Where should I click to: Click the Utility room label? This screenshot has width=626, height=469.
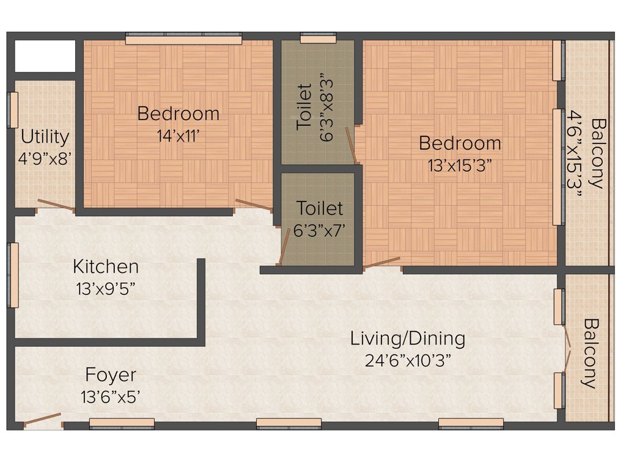[x=45, y=136]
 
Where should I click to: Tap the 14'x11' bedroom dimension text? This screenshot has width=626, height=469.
[x=178, y=136]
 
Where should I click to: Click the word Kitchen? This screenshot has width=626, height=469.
[x=106, y=267]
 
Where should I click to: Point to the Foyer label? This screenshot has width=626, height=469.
[x=111, y=374]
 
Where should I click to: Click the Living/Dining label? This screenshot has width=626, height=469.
[x=407, y=338]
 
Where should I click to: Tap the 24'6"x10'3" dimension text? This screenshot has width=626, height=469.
[x=407, y=360]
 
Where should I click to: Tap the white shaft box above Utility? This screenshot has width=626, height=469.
[x=45, y=56]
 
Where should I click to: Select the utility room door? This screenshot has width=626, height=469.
[x=56, y=205]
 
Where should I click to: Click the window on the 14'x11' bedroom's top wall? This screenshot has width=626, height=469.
[x=183, y=39]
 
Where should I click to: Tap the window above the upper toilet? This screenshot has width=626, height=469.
[x=318, y=38]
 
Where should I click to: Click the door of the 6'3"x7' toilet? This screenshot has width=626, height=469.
[x=284, y=247]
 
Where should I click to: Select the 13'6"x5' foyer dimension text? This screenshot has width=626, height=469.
[x=111, y=397]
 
